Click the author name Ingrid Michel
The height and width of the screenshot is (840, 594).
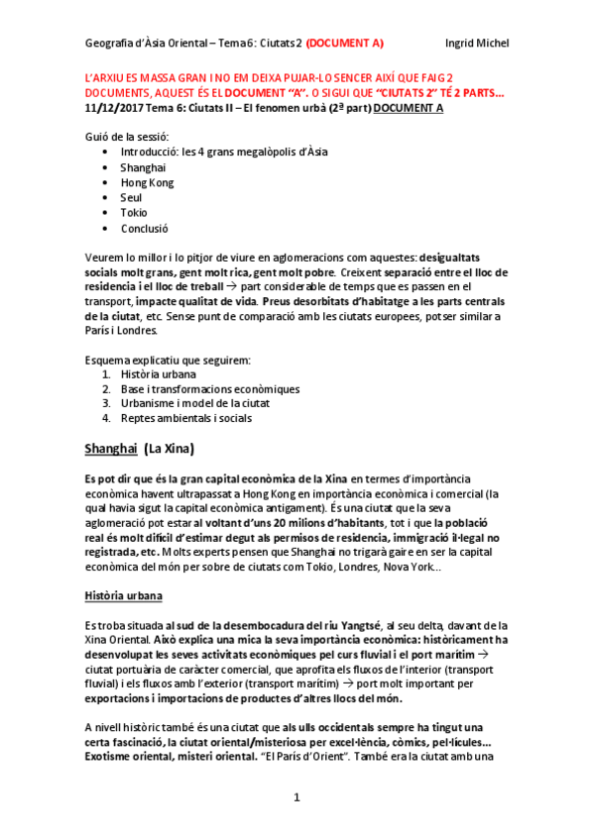click(477, 43)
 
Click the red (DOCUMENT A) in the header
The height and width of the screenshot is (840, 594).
click(345, 43)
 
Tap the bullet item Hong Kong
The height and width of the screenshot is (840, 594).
click(147, 182)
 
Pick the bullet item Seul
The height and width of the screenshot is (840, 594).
click(132, 197)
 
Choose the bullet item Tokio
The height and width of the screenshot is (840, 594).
click(134, 212)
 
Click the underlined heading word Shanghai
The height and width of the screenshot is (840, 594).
click(110, 449)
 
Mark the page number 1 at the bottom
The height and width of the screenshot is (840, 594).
click(297, 797)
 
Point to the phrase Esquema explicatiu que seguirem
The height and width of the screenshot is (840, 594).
click(167, 359)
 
